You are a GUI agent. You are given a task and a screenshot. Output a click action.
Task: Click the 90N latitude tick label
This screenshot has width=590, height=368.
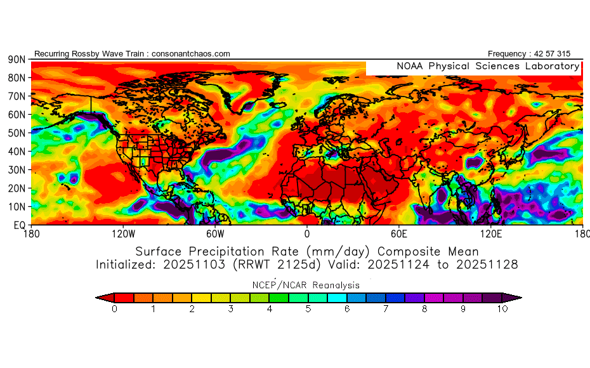[16, 60]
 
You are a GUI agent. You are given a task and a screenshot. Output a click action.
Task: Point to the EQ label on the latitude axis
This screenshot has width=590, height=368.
[18, 225]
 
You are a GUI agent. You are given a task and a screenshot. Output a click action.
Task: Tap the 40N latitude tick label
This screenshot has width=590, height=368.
[16, 152]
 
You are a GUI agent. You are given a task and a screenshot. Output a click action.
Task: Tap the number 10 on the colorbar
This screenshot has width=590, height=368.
[502, 309]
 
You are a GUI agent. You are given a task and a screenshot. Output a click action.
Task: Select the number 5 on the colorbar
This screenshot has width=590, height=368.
[308, 309]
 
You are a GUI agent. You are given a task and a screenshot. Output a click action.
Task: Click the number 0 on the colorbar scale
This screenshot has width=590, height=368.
[114, 309]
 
